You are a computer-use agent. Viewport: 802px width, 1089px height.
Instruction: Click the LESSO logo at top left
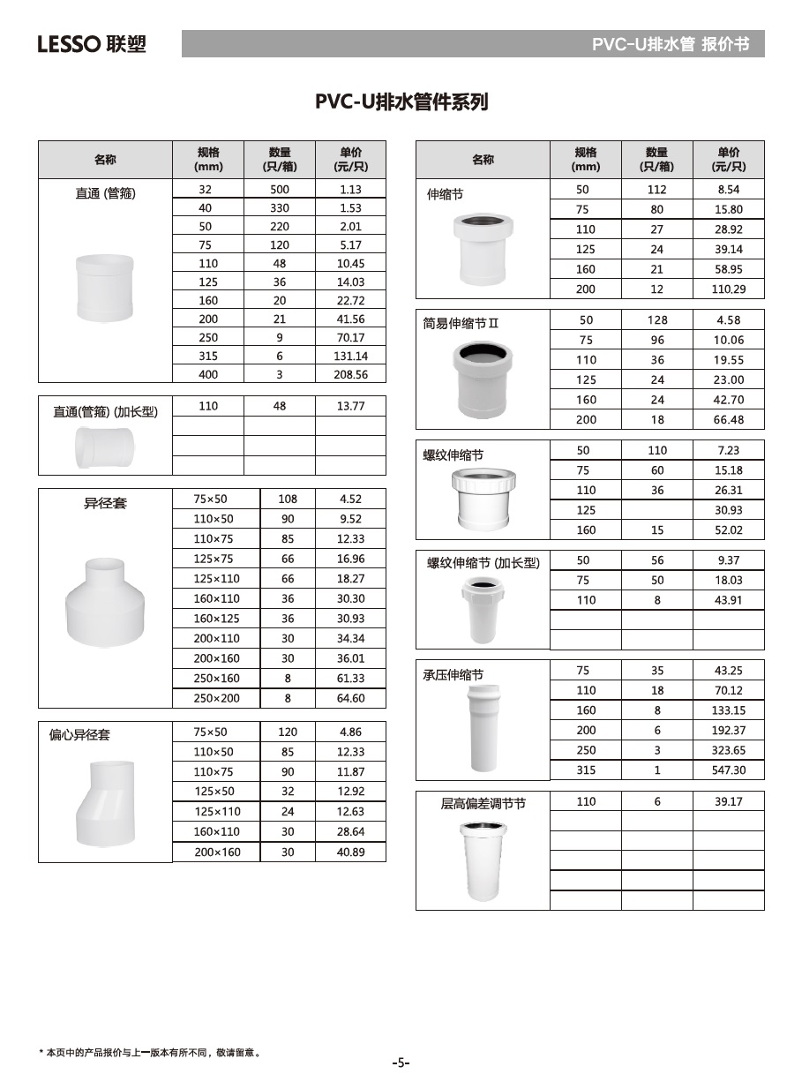point(92,44)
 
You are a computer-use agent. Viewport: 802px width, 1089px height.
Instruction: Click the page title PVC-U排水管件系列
point(401,102)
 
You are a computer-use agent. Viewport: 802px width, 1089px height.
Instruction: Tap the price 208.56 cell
point(350,375)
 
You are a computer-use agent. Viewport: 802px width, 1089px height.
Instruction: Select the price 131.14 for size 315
point(350,357)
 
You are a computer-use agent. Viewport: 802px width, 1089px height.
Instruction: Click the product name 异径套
point(105,504)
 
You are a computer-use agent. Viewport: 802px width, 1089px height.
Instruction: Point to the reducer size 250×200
point(216,698)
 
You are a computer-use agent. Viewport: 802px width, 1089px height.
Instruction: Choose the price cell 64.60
point(350,698)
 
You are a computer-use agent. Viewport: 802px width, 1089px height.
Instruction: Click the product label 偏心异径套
point(79,735)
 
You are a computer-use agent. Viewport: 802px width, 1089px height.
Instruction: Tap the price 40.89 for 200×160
point(350,852)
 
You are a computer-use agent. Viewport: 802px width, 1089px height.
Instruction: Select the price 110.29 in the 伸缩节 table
point(729,289)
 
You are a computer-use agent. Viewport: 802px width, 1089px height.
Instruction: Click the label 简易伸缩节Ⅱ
point(461,323)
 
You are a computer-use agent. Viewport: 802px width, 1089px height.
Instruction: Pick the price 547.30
point(729,770)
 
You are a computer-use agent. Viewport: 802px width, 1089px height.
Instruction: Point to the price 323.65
point(729,750)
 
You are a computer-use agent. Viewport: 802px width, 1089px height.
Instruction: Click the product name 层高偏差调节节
point(483,804)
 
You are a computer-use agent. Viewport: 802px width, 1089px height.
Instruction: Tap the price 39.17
point(729,802)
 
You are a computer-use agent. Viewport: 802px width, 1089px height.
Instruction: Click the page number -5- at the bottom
point(401,1063)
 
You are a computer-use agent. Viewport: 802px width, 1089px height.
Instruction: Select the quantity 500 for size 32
point(279,190)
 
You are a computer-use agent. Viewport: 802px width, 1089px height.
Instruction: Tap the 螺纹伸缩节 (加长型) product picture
point(483,610)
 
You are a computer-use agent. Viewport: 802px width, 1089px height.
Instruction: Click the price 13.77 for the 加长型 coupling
point(350,407)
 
